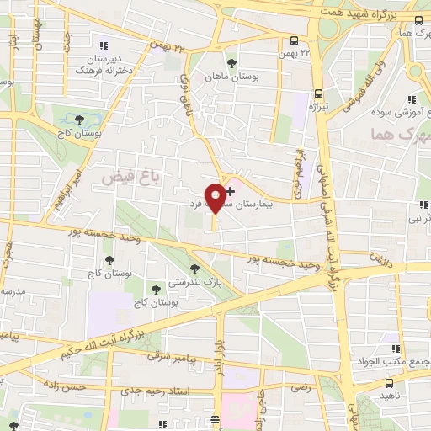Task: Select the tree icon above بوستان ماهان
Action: [x=231, y=61]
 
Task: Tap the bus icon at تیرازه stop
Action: [x=318, y=93]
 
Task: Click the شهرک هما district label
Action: [x=401, y=134]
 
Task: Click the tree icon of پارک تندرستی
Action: [x=195, y=269]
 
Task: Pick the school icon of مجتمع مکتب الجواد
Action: [x=395, y=348]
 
